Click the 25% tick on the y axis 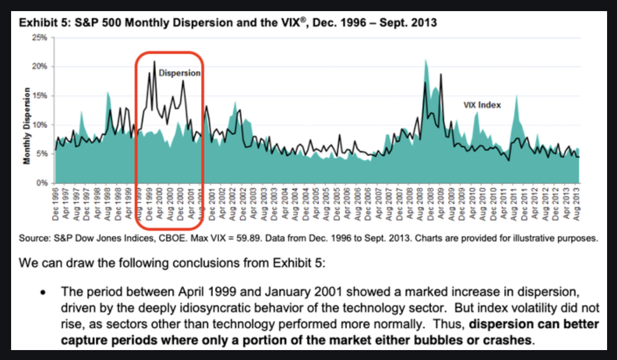tap(40, 37)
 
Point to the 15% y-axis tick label tap(40, 95)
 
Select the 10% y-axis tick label tap(40, 124)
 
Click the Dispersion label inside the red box tap(179, 73)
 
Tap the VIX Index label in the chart tap(482, 105)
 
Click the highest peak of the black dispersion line tap(154, 61)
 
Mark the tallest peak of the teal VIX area tap(425, 60)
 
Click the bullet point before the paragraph tap(43, 291)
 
